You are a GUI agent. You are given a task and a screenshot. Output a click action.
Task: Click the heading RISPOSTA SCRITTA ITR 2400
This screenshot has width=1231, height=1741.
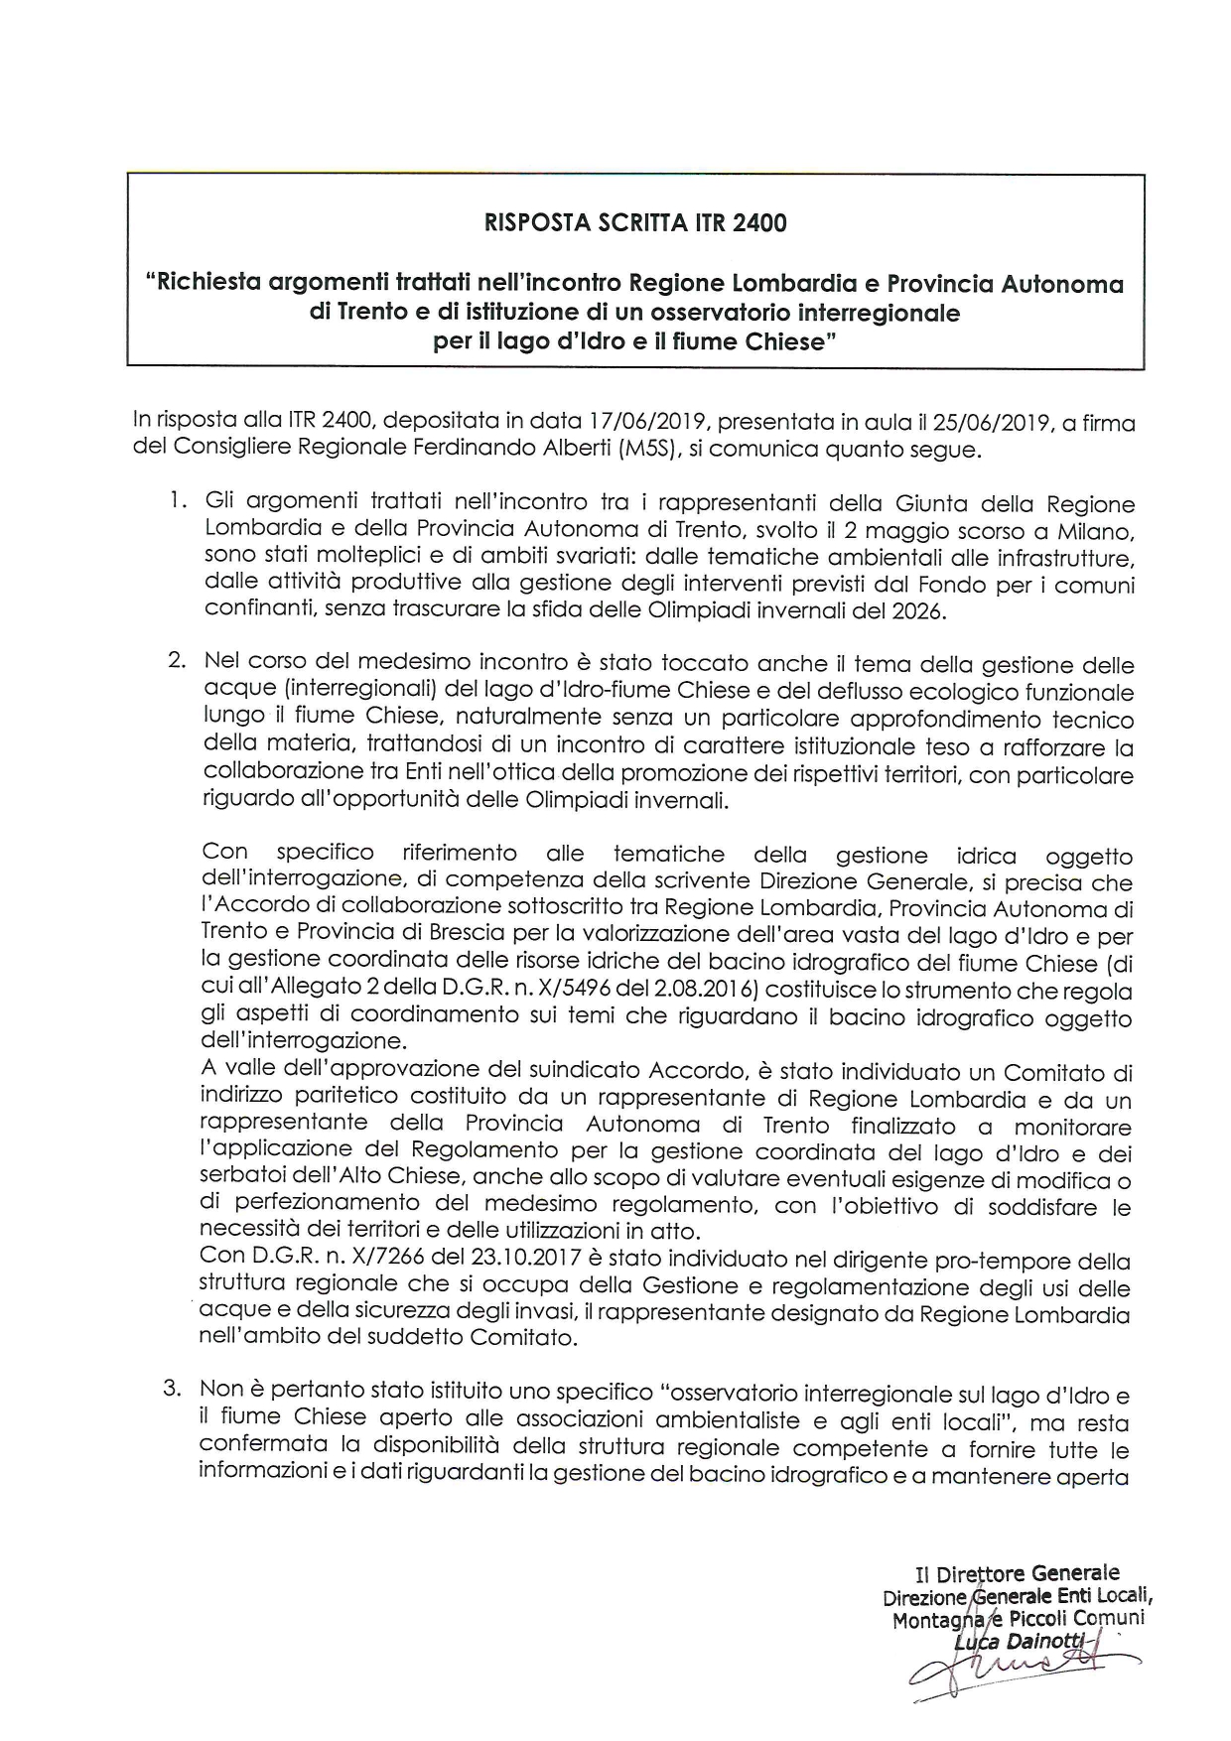(635, 223)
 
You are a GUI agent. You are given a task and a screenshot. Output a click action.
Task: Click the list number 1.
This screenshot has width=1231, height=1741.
(177, 501)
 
